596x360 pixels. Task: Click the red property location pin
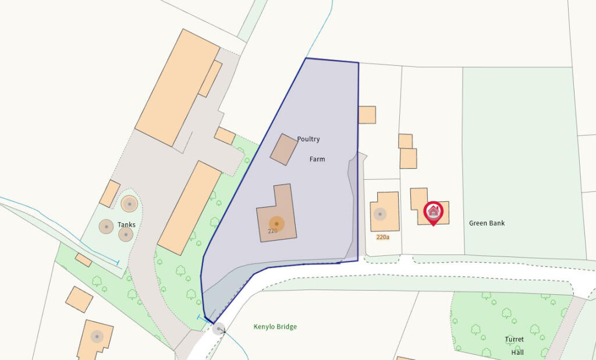click(x=434, y=212)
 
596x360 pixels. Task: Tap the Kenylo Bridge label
click(x=275, y=327)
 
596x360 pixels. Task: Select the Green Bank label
click(x=487, y=223)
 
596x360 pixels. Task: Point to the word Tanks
click(x=126, y=224)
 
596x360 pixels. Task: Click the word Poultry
click(x=308, y=140)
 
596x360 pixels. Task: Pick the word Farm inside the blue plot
click(x=317, y=159)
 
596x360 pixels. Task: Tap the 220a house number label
click(x=382, y=237)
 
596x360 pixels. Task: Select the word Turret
click(x=514, y=340)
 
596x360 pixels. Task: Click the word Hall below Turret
click(x=517, y=352)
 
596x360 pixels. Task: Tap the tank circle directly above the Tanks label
click(x=129, y=204)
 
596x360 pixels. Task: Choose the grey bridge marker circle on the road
click(x=218, y=329)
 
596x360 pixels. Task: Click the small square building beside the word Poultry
click(x=283, y=149)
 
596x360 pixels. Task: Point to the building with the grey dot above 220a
click(x=385, y=212)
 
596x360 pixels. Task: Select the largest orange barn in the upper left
click(x=174, y=87)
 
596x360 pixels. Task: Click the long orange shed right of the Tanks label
click(x=190, y=207)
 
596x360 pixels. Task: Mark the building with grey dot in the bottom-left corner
click(x=95, y=339)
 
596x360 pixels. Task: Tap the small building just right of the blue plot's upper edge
click(x=367, y=115)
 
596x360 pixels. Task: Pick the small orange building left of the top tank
click(x=109, y=194)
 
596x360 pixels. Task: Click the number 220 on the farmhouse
click(x=272, y=231)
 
